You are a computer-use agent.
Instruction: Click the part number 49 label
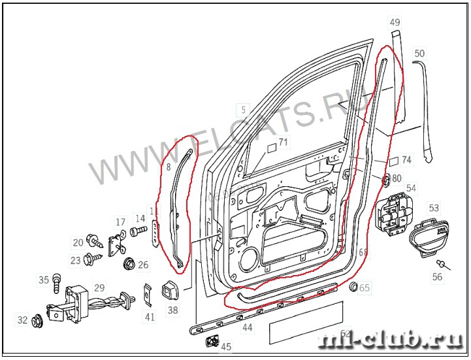click(395, 22)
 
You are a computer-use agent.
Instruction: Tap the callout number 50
click(419, 53)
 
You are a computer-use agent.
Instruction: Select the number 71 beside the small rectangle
click(283, 141)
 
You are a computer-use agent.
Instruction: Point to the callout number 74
click(406, 159)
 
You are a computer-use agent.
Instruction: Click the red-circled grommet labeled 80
click(385, 178)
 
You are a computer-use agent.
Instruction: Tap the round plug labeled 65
click(353, 287)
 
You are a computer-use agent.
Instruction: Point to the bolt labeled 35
click(56, 282)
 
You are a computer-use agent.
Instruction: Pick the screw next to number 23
click(91, 258)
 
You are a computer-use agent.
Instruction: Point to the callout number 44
click(247, 327)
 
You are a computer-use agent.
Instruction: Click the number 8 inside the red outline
click(168, 167)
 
